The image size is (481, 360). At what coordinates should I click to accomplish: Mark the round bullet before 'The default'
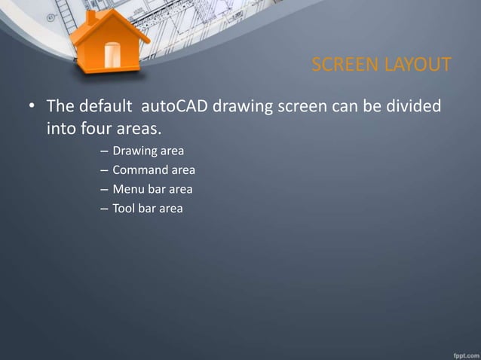click(x=32, y=106)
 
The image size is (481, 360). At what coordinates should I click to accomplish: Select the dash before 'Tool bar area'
click(x=103, y=209)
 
